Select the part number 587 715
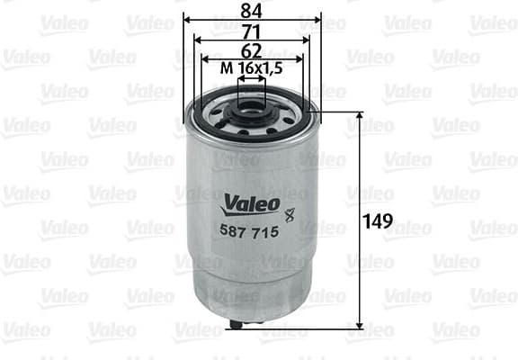(x=250, y=231)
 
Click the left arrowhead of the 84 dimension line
(x=187, y=19)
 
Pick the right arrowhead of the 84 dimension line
(x=317, y=19)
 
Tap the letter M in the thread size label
(x=227, y=67)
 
